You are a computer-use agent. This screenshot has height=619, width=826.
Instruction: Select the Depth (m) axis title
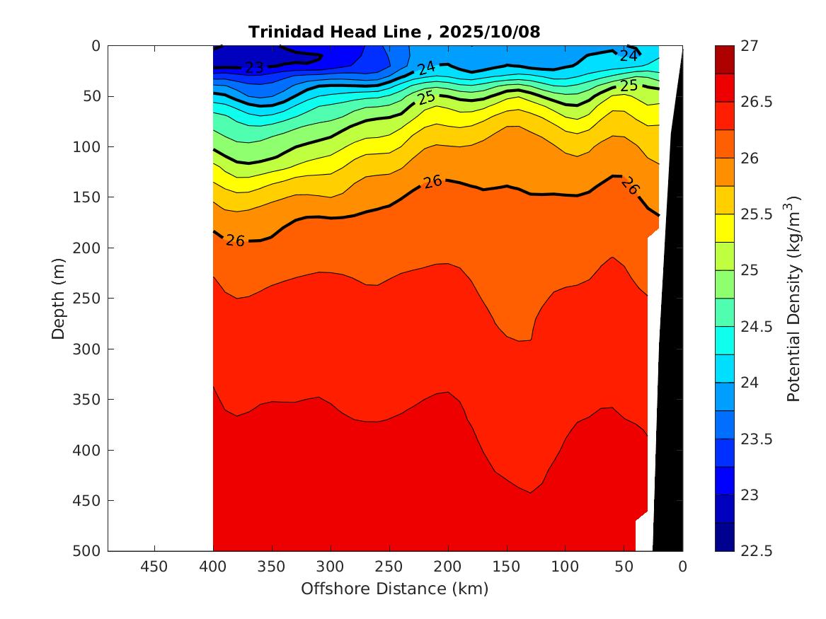(x=59, y=298)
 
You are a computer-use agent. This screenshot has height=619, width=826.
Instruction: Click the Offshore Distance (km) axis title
(x=394, y=589)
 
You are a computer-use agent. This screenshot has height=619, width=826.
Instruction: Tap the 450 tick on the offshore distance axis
(x=154, y=566)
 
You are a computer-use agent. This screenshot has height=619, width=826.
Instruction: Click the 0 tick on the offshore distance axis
(x=682, y=566)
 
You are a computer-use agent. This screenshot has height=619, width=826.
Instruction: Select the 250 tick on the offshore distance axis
(x=389, y=566)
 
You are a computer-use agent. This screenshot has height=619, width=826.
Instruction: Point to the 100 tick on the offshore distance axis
(x=565, y=566)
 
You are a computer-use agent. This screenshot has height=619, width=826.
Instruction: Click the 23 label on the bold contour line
(x=254, y=68)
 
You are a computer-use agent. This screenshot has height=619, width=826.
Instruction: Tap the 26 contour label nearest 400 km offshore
(x=235, y=241)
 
